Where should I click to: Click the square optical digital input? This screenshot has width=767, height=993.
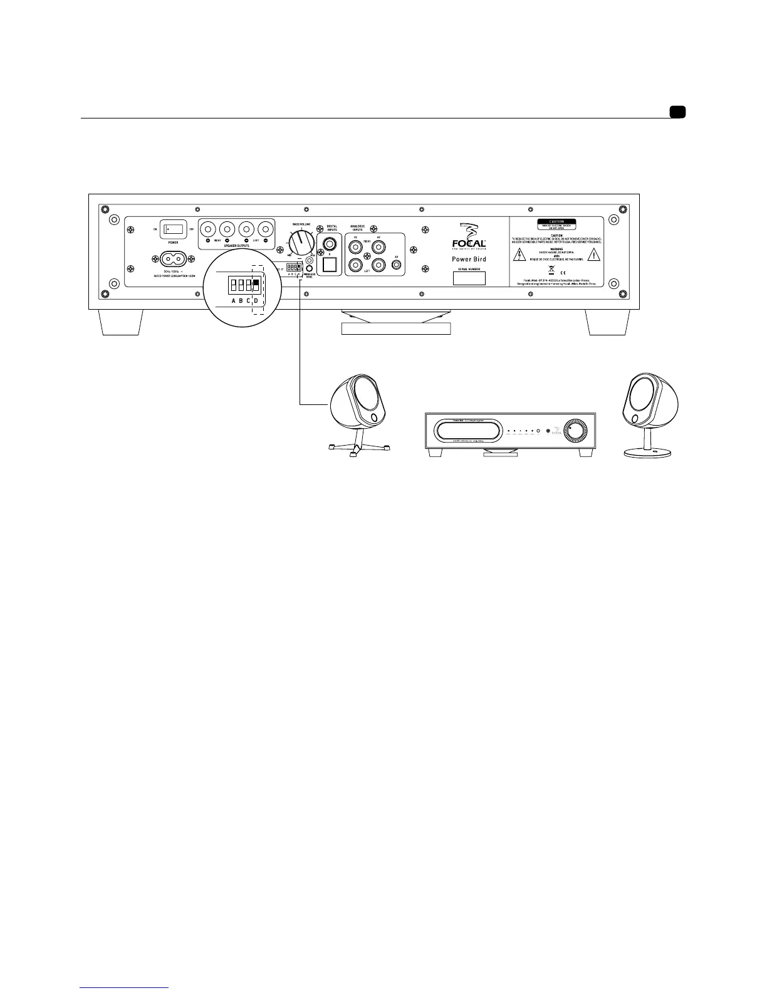328,265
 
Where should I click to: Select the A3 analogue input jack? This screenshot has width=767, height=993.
395,265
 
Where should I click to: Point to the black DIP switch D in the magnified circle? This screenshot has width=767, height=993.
256,286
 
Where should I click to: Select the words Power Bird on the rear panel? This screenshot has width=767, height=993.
469,259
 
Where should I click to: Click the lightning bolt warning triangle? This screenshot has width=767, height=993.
519,255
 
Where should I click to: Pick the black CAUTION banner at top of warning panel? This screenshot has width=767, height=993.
556,222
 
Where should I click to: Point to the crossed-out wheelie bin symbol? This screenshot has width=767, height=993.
549,271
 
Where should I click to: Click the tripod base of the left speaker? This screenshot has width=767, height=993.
356,447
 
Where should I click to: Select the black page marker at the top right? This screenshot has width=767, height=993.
677,112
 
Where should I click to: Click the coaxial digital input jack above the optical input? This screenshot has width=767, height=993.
328,242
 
